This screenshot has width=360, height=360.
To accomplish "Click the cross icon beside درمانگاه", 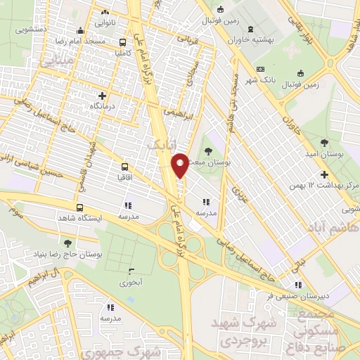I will click(103, 95).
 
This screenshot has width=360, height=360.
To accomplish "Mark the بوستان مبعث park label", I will click(208, 162).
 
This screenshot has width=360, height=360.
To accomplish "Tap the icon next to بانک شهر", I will click(260, 70).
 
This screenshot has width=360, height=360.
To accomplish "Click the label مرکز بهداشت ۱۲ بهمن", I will click(324, 186).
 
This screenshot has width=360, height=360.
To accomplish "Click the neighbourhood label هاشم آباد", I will click(331, 228).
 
